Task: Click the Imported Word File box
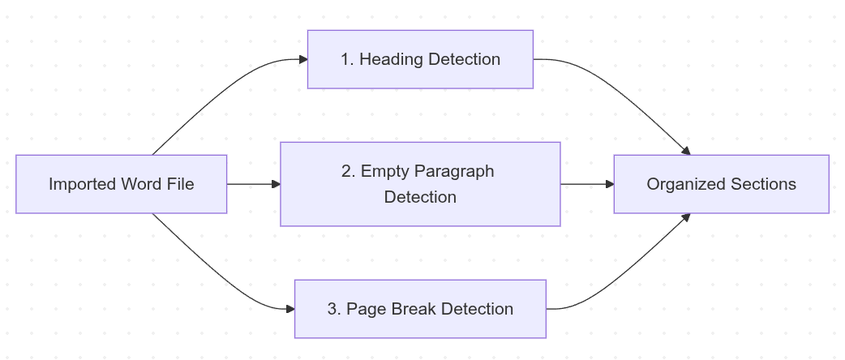pyautogui.click(x=121, y=184)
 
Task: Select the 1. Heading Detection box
pyautogui.click(x=420, y=59)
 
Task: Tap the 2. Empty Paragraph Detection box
pyautogui.click(x=420, y=184)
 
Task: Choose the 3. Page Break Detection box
pyautogui.click(x=420, y=309)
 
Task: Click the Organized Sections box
pyautogui.click(x=721, y=184)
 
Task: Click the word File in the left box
pyautogui.click(x=180, y=184)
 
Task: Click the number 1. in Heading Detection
pyautogui.click(x=347, y=59)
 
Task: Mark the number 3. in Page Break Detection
pyautogui.click(x=334, y=309)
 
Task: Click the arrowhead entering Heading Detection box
pyautogui.click(x=303, y=59)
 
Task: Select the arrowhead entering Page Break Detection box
pyautogui.click(x=290, y=309)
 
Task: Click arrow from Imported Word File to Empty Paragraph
pyautogui.click(x=253, y=184)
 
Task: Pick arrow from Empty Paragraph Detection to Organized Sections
pyautogui.click(x=586, y=184)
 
